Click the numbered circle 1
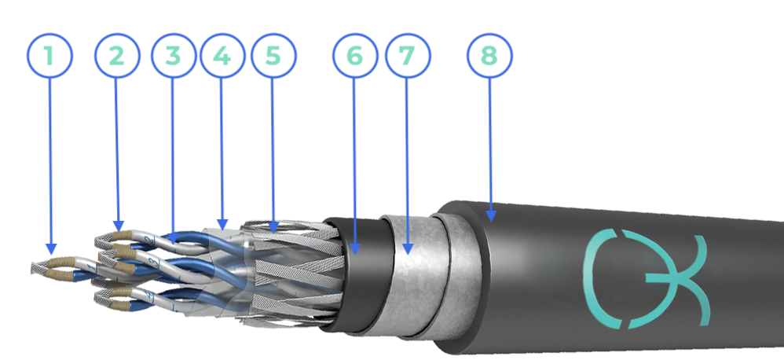49,56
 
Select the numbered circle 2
117,56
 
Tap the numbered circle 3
173,56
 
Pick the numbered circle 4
222,56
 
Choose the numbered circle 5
273,56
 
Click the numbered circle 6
355,56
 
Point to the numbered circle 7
408,56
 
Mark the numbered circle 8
489,56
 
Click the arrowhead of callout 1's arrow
51,249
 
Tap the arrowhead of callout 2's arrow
119,226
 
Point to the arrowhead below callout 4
223,225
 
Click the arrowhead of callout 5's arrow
273,227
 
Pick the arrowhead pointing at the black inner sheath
355,248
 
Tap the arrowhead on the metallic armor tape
408,248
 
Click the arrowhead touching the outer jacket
491,216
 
